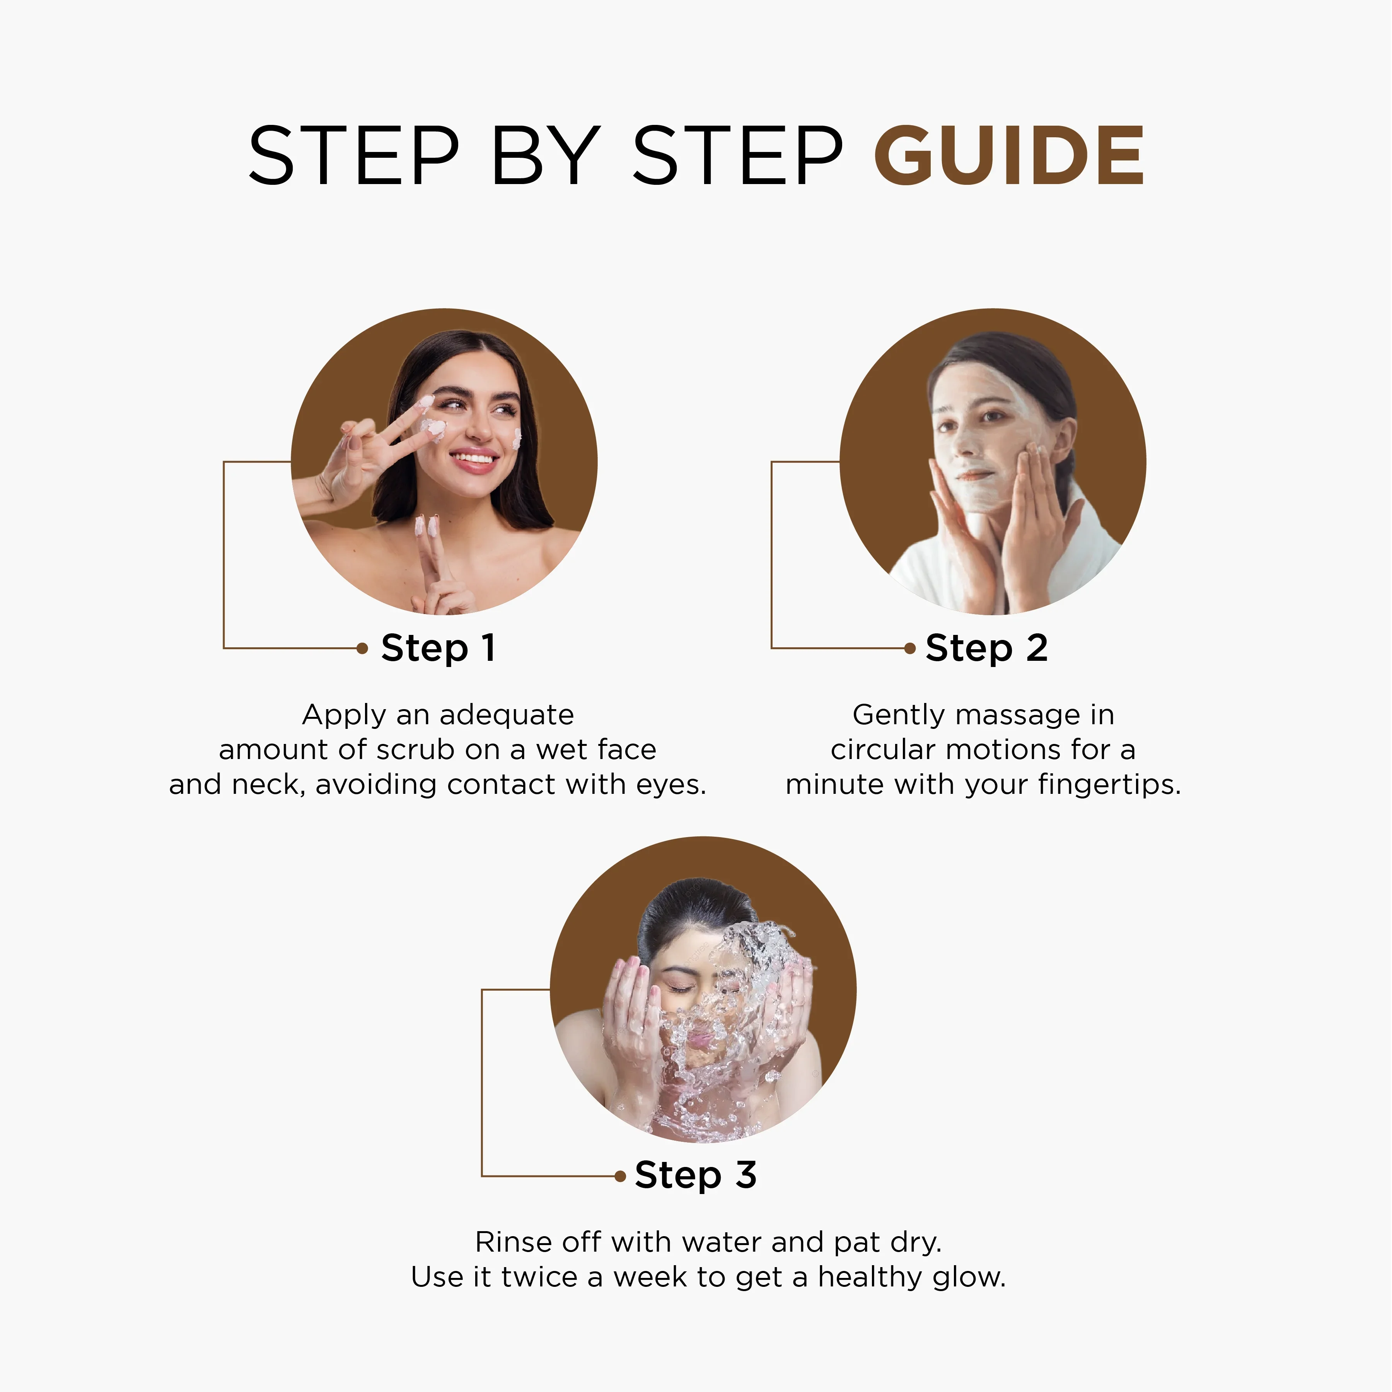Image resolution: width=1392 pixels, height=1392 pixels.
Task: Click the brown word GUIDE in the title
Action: tap(1009, 155)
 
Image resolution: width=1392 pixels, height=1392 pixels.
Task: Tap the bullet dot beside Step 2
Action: tap(910, 648)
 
